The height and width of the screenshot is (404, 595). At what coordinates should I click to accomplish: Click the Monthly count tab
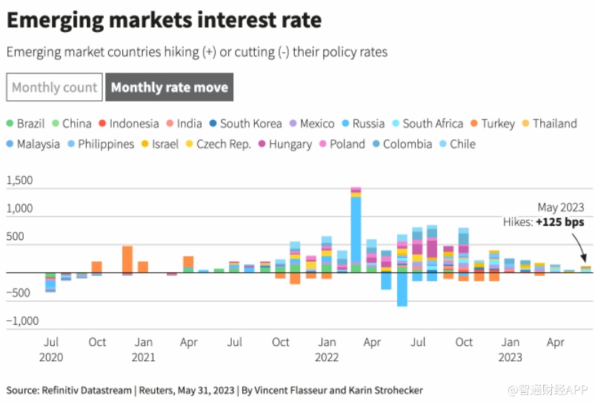(54, 87)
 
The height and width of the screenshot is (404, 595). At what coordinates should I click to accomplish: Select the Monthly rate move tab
(170, 87)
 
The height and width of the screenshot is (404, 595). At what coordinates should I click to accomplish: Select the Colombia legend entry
(407, 144)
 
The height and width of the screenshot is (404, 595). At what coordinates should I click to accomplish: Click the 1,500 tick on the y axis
(20, 180)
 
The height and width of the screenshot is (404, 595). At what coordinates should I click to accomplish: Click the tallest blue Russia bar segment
(356, 230)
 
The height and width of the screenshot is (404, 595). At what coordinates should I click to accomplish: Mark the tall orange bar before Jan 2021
(127, 259)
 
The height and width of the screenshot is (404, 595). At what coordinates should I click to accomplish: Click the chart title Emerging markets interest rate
(164, 20)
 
